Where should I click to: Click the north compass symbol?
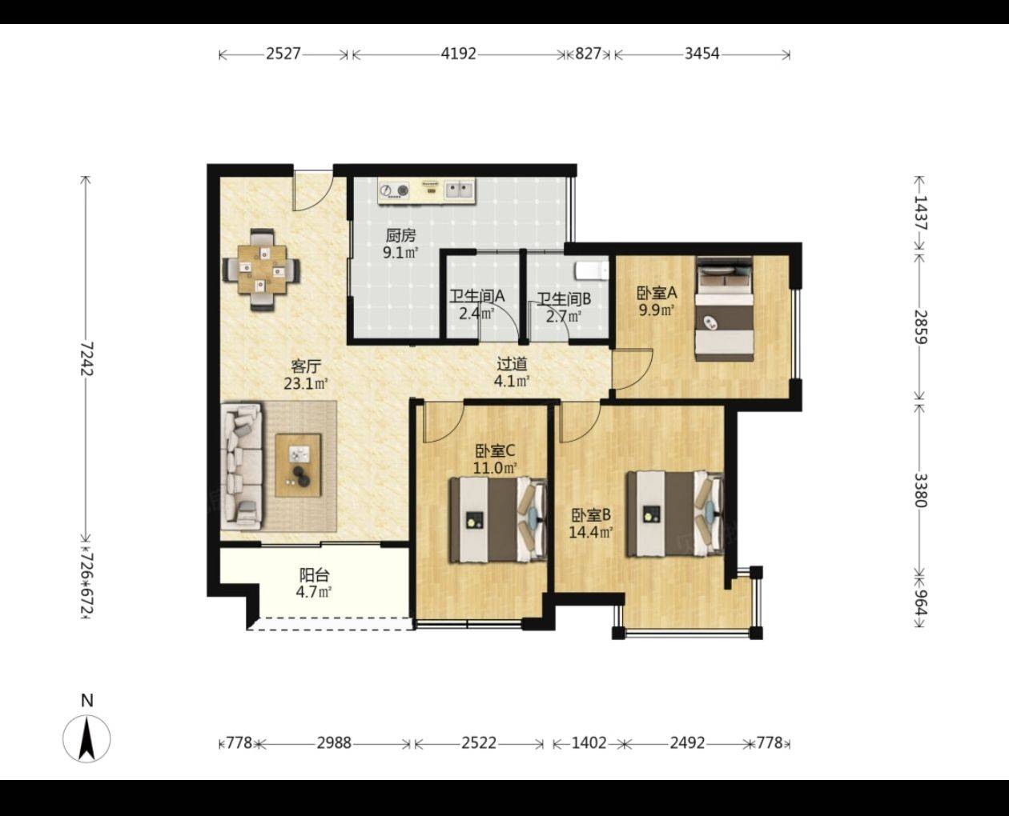click(x=86, y=738)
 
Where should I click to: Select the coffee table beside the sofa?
click(x=299, y=466)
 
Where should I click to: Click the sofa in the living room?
click(x=242, y=466)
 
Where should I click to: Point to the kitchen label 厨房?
click(x=400, y=235)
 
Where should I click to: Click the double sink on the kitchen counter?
click(x=459, y=190)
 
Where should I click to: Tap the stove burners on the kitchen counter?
click(x=394, y=190)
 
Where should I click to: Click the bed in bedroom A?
click(x=724, y=309)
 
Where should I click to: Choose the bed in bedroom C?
click(x=498, y=520)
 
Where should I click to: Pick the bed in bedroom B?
click(x=675, y=513)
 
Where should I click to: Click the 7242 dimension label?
click(x=86, y=359)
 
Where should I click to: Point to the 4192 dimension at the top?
click(x=458, y=54)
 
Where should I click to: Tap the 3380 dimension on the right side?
click(x=920, y=490)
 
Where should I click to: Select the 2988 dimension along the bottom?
click(x=334, y=743)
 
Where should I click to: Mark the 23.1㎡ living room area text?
click(x=306, y=383)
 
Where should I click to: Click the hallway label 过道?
click(x=512, y=364)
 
